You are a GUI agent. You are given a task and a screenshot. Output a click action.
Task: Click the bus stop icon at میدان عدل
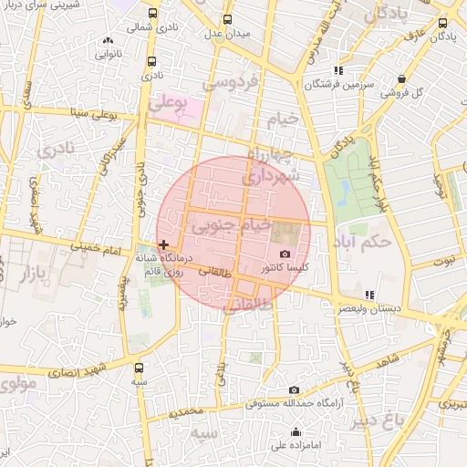227,18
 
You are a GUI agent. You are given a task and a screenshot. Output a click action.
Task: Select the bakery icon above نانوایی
109,40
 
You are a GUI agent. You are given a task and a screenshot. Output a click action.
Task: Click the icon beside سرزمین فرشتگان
338,69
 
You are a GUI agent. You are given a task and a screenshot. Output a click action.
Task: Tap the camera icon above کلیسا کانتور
285,254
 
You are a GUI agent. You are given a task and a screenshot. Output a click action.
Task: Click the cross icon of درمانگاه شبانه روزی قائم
163,244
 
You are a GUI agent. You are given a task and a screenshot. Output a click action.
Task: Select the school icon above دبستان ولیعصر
368,295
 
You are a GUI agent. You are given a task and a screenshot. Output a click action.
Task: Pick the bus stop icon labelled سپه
139,368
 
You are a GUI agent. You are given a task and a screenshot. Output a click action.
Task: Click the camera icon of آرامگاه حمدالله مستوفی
293,390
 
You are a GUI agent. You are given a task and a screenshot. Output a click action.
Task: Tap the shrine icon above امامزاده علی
296,432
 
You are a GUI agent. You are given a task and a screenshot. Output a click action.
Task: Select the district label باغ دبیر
400,421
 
